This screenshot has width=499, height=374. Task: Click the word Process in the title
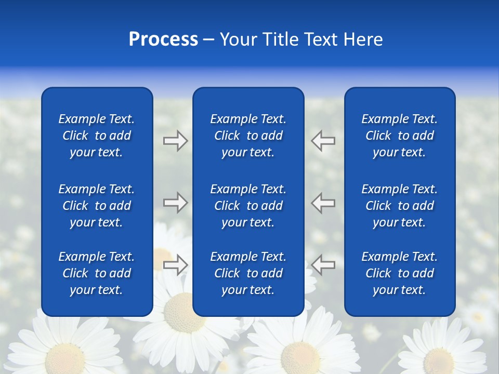[163, 39]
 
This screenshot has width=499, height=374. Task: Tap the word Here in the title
[362, 39]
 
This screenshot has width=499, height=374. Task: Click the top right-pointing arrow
[175, 141]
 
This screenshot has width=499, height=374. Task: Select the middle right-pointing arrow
[175, 202]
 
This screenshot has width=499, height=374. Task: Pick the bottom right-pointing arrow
[175, 265]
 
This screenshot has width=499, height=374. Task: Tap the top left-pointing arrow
[323, 141]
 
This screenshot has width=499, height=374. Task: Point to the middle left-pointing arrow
[323, 202]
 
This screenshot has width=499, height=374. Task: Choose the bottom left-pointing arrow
[323, 265]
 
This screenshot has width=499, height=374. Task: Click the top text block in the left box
[97, 136]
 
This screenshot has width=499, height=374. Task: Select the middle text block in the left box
[97, 206]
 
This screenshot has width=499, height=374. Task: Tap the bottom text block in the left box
[97, 273]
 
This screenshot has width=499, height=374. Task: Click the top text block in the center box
[248, 136]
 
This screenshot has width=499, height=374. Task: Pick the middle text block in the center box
[248, 206]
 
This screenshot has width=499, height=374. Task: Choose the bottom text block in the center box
[248, 273]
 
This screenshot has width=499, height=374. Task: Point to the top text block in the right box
[399, 136]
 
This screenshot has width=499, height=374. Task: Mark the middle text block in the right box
[399, 206]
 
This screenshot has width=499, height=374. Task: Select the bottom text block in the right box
[399, 273]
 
